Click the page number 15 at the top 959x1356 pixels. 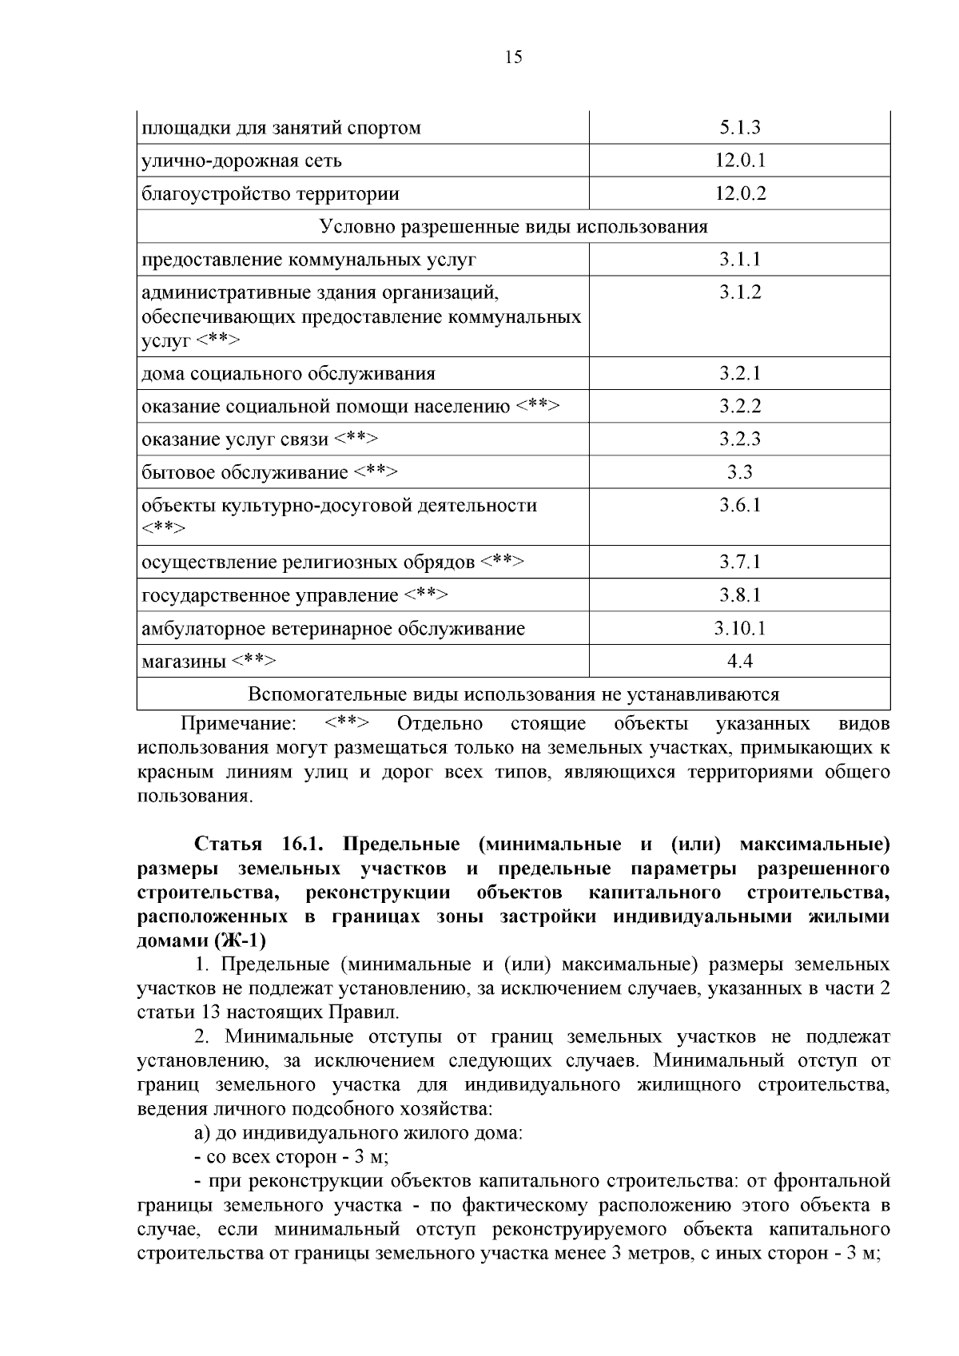[513, 57]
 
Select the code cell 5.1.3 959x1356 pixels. [739, 128]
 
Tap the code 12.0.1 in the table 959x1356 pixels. [739, 161]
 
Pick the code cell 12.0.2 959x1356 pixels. [739, 193]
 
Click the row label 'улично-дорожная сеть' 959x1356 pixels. [241, 161]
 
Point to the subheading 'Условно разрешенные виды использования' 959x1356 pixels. [513, 227]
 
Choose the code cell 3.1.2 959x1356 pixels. [739, 292]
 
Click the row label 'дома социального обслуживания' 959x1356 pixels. [288, 374]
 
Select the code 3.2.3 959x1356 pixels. [739, 439]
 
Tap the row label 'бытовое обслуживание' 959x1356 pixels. [245, 472]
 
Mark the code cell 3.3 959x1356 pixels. [739, 472]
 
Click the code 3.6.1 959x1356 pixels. [739, 505]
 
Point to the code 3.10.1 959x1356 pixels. [739, 628]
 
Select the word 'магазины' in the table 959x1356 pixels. [184, 662]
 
